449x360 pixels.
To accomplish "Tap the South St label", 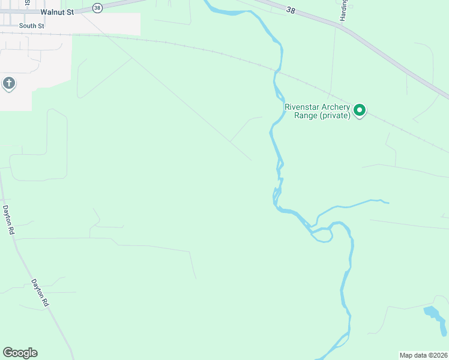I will pyautogui.click(x=31, y=26).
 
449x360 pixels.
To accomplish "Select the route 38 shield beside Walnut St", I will pyautogui.click(x=98, y=8).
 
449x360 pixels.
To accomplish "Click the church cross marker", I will pyautogui.click(x=8, y=83).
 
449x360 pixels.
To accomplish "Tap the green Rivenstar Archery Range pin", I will pyautogui.click(x=360, y=110).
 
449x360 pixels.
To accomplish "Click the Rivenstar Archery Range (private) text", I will pyautogui.click(x=317, y=112).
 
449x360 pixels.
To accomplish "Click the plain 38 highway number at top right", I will pyautogui.click(x=292, y=11).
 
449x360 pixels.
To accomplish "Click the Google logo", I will pyautogui.click(x=20, y=353).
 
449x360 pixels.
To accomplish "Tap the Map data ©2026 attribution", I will pyautogui.click(x=423, y=355).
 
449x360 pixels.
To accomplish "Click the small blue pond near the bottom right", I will pyautogui.click(x=435, y=318).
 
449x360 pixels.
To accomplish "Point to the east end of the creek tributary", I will pyautogui.click(x=387, y=203).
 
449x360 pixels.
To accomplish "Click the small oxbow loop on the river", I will pyautogui.click(x=322, y=235).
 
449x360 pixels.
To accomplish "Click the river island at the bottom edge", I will pyautogui.click(x=342, y=342).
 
